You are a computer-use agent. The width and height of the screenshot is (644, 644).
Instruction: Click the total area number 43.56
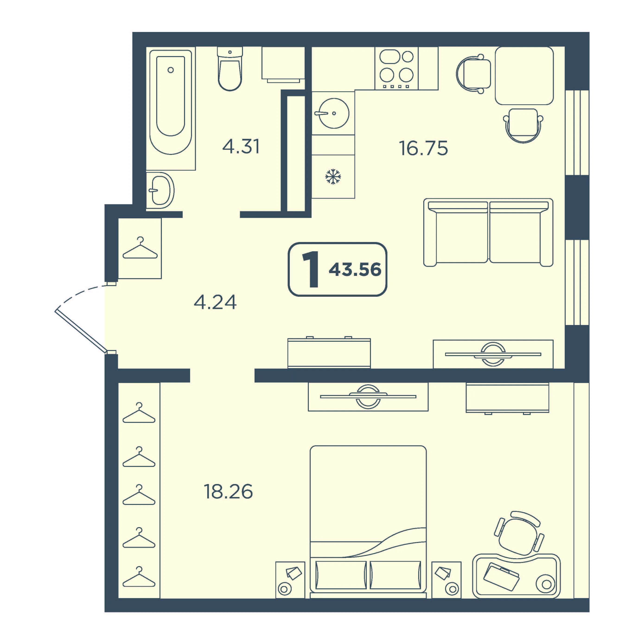click(355, 269)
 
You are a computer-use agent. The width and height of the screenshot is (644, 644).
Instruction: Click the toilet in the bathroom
click(230, 68)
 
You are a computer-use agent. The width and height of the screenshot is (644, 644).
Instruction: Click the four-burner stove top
click(396, 68)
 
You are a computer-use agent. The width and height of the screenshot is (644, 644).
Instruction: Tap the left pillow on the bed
click(341, 575)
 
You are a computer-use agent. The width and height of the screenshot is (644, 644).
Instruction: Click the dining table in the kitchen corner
click(524, 76)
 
